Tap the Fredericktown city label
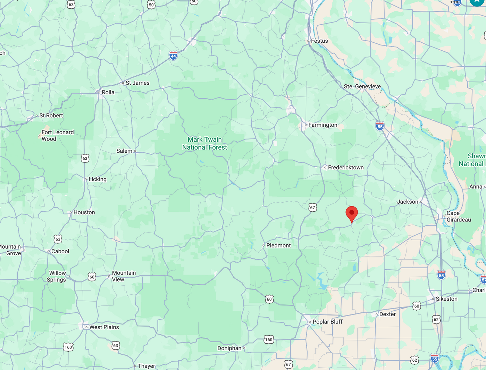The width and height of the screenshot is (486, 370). click(345, 167)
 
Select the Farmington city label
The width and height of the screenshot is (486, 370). click(322, 125)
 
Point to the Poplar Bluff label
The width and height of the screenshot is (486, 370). click(327, 322)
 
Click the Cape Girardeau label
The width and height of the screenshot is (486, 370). click(458, 216)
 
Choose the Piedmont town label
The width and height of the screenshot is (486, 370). click(278, 245)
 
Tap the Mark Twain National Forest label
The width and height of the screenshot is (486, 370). click(204, 143)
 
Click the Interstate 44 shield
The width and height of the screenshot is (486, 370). click(173, 55)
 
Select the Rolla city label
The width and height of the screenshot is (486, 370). click(108, 92)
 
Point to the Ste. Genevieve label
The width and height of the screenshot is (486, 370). click(362, 86)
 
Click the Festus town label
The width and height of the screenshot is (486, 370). click(319, 41)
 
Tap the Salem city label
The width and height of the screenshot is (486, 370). click(124, 151)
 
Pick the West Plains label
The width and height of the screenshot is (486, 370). click(104, 327)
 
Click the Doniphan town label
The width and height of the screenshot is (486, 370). click(229, 348)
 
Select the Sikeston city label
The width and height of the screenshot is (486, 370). click(446, 299)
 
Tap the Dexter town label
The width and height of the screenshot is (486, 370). click(387, 314)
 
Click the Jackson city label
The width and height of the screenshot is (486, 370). click(408, 202)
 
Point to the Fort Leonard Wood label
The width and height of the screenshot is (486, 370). click(58, 135)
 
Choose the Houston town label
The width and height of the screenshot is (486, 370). click(84, 212)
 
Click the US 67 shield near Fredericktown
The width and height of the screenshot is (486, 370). click(312, 208)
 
